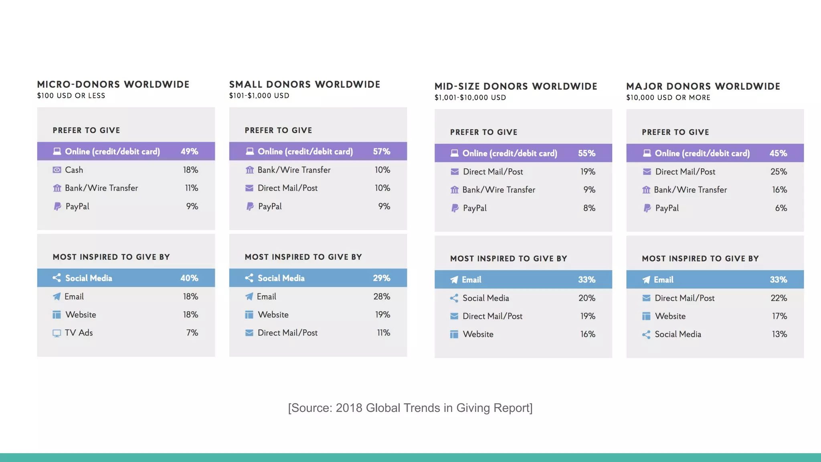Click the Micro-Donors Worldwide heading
113,85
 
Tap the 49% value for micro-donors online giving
189,152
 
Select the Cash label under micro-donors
74,170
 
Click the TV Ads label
79,333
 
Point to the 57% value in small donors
381,152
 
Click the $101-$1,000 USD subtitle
259,96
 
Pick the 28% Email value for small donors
381,297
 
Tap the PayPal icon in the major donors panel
647,208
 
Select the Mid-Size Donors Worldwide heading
516,87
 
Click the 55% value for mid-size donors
586,153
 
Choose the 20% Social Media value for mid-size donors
586,298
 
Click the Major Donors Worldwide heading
703,87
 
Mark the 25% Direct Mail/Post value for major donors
779,172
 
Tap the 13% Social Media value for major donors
779,334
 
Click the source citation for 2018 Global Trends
410,408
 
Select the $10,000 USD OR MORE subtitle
668,98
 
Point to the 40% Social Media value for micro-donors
189,278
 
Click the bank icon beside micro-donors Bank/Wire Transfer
57,188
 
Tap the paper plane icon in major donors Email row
646,280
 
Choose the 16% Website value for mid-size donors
587,334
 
